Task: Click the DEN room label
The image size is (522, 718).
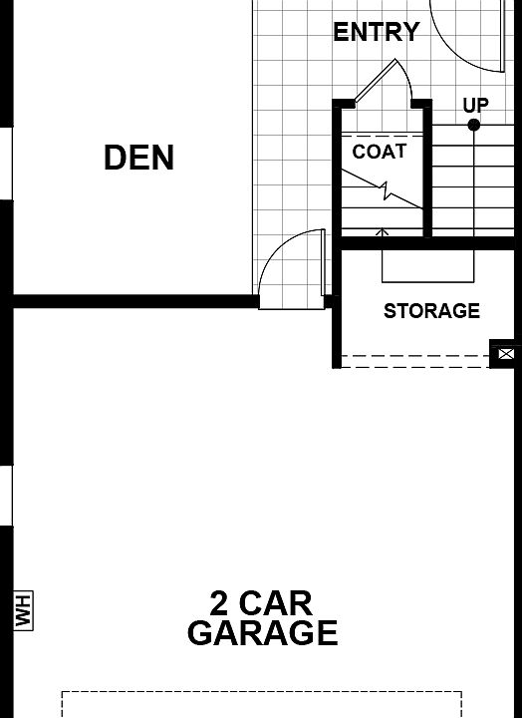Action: tap(138, 158)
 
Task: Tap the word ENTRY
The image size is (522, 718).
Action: tap(376, 32)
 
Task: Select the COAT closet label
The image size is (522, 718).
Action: tap(379, 152)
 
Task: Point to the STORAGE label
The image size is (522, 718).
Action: tap(431, 311)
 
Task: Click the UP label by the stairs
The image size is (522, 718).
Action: tap(475, 105)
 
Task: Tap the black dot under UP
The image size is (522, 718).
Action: tap(474, 125)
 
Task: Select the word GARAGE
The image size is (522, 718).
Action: tap(262, 633)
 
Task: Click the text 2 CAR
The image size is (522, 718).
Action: tap(261, 602)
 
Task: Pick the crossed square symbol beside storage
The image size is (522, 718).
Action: tap(505, 354)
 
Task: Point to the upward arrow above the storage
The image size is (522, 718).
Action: tap(382, 235)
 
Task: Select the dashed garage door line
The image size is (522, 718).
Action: tap(261, 692)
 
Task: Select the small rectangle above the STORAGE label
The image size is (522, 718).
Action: tap(427, 265)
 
